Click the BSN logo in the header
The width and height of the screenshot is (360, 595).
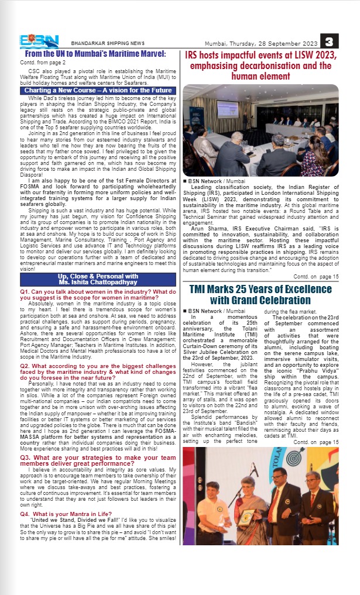pyautogui.click(x=39, y=42)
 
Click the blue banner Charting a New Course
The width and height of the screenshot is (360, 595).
pyautogui.click(x=98, y=91)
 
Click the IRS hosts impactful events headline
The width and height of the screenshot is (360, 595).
pyautogui.click(x=260, y=66)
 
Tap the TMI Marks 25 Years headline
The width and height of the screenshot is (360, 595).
pyautogui.click(x=260, y=295)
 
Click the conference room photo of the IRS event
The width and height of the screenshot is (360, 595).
pyautogui.click(x=260, y=130)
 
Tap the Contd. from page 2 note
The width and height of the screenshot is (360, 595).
pyautogui.click(x=43, y=62)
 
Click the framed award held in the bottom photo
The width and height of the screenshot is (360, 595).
pyautogui.click(x=248, y=516)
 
